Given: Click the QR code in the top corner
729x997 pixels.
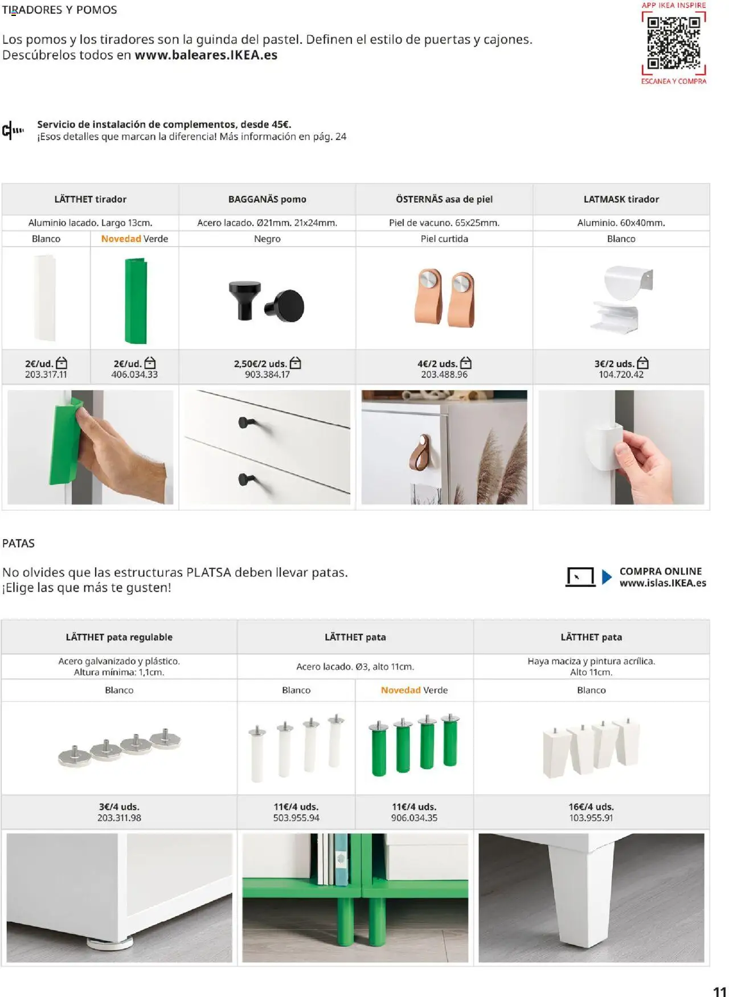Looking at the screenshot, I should pos(674,43).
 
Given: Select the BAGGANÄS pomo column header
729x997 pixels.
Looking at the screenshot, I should pos(267,199).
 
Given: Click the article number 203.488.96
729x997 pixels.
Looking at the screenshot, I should pos(444,375).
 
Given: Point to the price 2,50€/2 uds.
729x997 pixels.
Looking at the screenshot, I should pos(261,363).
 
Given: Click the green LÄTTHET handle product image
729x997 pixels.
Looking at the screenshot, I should pos(136,300).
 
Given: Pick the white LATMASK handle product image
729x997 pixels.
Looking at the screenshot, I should pos(621,298).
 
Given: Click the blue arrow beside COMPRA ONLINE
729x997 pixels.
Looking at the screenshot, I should pos(607,577).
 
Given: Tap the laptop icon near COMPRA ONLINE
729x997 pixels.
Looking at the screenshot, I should pos(580,577).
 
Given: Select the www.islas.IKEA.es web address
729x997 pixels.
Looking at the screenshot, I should pos(662,583).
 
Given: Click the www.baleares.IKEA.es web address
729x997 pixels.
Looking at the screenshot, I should pos(206,55).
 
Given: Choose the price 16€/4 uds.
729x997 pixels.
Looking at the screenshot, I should pos(591,807).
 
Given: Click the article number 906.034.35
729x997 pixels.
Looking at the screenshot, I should pos(414,818).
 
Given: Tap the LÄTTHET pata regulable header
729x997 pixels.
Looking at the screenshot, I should pos(119,637).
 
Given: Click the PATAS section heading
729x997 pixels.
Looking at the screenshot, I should pos(18,543).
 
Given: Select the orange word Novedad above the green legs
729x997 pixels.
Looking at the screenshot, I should pos(400,690).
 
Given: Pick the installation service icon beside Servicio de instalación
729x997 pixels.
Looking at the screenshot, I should pos(13,130).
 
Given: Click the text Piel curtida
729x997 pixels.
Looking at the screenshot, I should pos(444,239).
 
